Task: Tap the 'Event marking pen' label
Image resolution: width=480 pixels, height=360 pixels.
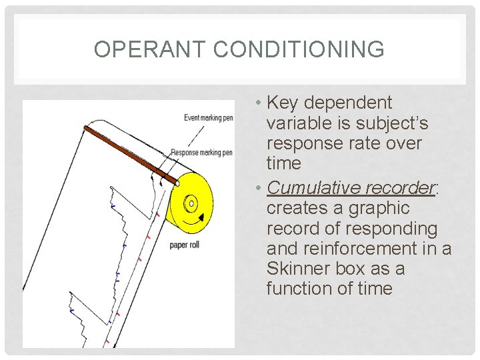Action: tap(208, 118)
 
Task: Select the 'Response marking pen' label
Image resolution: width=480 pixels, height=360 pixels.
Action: tap(201, 153)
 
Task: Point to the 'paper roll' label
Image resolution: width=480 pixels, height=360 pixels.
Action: tap(185, 245)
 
